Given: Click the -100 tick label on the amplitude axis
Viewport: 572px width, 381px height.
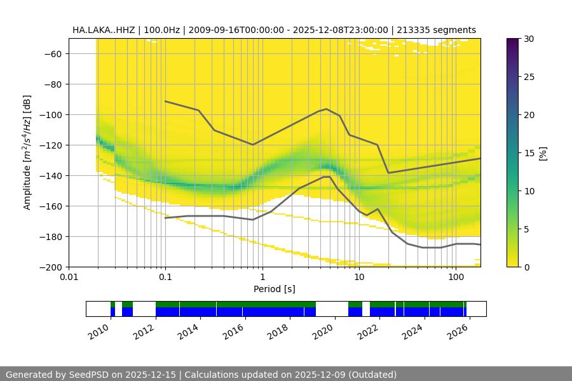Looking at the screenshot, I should tap(51, 115).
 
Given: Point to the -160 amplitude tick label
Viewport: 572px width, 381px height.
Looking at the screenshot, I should tap(51, 206).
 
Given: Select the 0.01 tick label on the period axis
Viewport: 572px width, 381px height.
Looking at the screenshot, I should tap(69, 277).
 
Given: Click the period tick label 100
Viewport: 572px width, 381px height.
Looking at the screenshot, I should tap(455, 277).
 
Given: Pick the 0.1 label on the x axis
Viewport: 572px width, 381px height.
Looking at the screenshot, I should tap(165, 277).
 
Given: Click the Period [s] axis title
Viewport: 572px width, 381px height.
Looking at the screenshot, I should tap(274, 289).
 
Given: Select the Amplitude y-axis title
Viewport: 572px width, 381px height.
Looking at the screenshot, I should tap(27, 152).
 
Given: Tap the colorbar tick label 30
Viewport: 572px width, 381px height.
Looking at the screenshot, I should tap(528, 39).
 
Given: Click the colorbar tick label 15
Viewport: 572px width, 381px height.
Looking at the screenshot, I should tap(528, 153).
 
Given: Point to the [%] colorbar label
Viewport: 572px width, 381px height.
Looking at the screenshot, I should tap(542, 152).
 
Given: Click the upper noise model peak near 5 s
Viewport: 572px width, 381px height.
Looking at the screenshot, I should tap(327, 109).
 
